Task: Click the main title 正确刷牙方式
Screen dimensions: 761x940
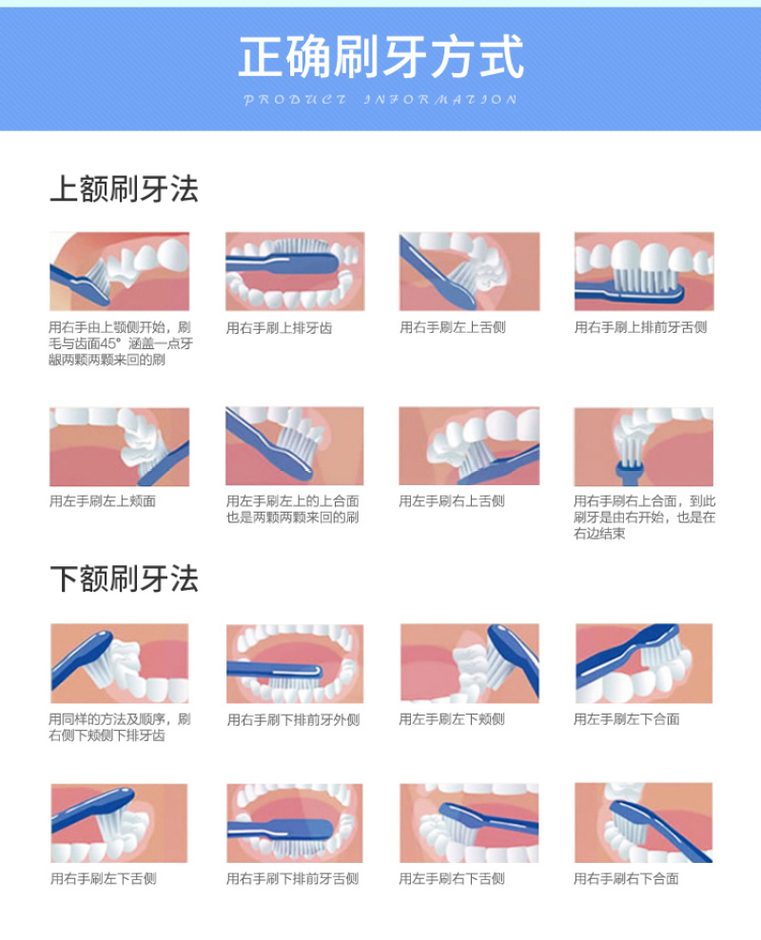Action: click(x=381, y=56)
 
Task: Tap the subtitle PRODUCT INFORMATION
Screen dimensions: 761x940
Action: click(x=380, y=100)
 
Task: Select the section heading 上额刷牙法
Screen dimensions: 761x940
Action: click(x=124, y=188)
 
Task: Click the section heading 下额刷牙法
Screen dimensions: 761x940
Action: click(x=124, y=578)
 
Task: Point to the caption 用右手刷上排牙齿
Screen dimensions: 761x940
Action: click(x=279, y=328)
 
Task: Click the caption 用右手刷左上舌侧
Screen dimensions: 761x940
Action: click(x=453, y=327)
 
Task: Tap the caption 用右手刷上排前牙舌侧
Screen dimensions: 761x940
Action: click(x=640, y=327)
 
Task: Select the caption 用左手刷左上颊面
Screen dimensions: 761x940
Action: click(x=103, y=501)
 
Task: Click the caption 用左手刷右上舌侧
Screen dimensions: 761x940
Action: click(x=452, y=501)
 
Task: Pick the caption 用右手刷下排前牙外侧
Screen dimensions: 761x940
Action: click(x=293, y=720)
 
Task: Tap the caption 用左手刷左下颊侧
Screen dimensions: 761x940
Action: click(x=452, y=719)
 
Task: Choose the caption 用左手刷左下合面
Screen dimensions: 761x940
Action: click(x=626, y=719)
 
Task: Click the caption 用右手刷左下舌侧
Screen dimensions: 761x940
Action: click(x=103, y=879)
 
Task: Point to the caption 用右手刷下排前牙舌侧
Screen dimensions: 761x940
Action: click(x=292, y=879)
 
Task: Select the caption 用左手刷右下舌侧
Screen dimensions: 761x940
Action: click(x=452, y=879)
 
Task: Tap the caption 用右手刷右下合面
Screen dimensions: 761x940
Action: click(x=626, y=879)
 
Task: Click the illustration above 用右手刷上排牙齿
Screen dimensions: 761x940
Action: click(x=295, y=271)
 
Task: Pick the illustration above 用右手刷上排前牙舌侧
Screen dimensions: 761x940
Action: click(x=644, y=271)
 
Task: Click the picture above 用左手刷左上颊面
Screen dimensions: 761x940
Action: click(x=119, y=446)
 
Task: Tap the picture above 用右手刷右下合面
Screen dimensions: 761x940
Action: click(x=644, y=822)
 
